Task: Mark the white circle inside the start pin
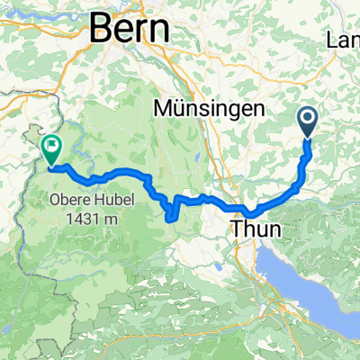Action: pyautogui.click(x=307, y=117)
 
